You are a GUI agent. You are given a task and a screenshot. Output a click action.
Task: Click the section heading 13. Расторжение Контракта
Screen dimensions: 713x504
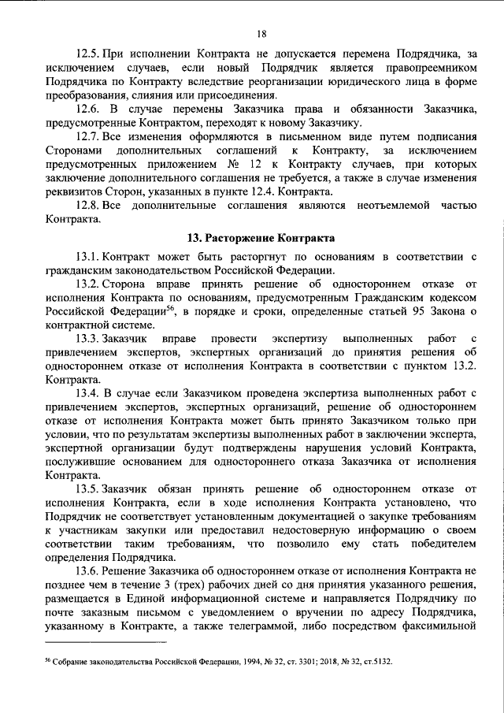click(x=261, y=237)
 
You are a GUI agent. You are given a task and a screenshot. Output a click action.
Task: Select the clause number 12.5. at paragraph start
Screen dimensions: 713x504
click(x=89, y=54)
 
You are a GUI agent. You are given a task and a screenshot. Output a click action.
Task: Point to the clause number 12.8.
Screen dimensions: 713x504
click(x=89, y=206)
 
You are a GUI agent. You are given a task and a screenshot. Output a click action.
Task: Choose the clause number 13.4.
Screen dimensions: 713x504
click(x=89, y=392)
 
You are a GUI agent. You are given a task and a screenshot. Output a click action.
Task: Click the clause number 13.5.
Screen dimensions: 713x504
click(x=89, y=488)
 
